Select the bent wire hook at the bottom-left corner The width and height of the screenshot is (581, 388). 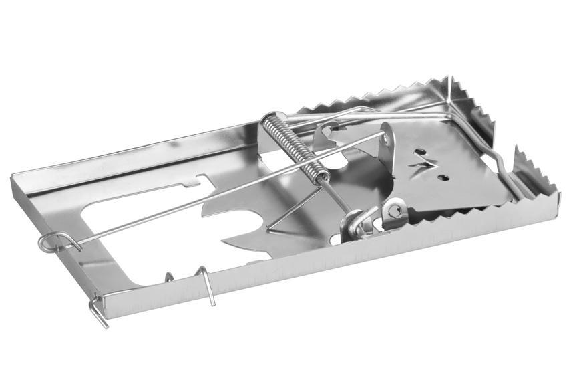pyautogui.click(x=98, y=312)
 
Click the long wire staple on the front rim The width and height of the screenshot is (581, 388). pyautogui.click(x=206, y=284)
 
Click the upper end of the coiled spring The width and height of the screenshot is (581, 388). pyautogui.click(x=267, y=120)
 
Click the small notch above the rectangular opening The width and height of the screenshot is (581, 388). pyautogui.click(x=202, y=179)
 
